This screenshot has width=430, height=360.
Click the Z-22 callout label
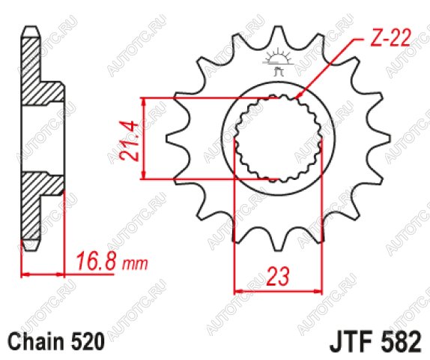pos(390,37)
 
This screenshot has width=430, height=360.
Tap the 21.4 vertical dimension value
pos(129,140)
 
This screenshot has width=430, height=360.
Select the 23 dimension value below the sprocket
pos(278,276)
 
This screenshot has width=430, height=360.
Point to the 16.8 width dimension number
pos(97,262)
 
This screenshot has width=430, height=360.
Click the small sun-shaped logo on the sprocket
pos(278,61)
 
